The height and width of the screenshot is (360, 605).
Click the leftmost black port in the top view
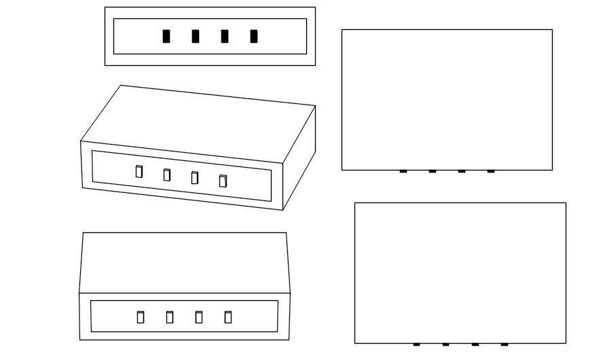tap(166, 37)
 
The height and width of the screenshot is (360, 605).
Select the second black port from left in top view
tap(196, 37)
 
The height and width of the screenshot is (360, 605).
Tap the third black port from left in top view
tap(225, 37)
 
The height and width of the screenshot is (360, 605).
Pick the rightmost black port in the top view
tap(254, 37)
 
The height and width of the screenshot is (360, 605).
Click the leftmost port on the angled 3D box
tap(139, 172)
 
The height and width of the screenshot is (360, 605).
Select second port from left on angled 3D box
tap(167, 175)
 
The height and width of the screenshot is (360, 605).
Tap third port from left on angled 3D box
tap(195, 178)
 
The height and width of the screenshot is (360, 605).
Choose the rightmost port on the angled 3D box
tap(223, 181)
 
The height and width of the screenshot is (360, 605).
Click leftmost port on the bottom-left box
tap(141, 317)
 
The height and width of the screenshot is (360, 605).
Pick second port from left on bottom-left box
tap(170, 317)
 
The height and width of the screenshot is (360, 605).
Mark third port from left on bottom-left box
tap(199, 317)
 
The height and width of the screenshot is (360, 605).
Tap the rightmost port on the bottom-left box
tap(228, 317)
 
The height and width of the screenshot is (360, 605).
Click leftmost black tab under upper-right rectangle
tap(403, 171)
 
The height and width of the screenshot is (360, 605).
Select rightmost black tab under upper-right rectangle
tap(491, 171)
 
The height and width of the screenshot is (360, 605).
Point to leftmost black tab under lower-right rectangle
tap(416, 344)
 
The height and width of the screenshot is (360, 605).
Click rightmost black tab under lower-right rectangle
tap(505, 344)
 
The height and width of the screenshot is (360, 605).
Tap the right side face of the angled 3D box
tap(299, 160)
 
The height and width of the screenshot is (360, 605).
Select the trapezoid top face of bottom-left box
tap(184, 263)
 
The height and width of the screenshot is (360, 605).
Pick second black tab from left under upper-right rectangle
tap(433, 171)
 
